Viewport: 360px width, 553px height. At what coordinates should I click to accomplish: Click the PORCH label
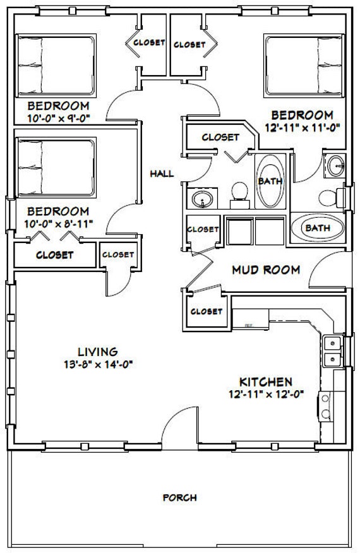[179, 497]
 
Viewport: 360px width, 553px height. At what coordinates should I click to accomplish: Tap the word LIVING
[97, 351]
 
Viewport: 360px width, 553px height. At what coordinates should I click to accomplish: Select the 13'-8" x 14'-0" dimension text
[97, 364]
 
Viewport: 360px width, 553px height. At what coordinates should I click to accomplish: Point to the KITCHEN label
[265, 382]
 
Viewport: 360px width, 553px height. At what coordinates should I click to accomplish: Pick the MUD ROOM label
[265, 270]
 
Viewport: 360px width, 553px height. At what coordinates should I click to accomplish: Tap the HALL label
[162, 174]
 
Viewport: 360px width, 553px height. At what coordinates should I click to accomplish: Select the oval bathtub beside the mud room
[318, 228]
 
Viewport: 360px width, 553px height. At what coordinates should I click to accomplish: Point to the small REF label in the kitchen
[249, 326]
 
